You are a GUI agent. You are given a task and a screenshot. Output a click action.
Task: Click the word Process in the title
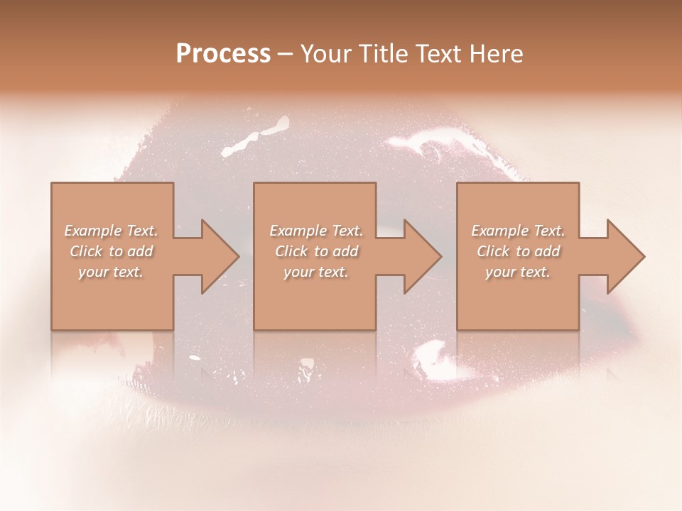(223, 54)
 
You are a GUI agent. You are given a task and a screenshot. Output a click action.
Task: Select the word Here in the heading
(494, 54)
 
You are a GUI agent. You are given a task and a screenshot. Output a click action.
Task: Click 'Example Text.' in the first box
(112, 231)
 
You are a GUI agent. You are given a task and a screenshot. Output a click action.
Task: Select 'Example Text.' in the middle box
(316, 231)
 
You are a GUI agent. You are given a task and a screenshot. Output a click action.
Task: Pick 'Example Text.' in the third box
(518, 231)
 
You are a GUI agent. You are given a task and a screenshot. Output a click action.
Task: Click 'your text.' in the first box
(111, 272)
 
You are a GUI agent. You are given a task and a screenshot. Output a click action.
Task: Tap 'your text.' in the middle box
(315, 272)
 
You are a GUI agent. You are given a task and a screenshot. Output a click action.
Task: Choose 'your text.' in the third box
(517, 272)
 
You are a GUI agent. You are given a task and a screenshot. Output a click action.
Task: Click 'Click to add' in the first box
(112, 251)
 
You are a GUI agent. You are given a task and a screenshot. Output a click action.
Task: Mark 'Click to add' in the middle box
(316, 251)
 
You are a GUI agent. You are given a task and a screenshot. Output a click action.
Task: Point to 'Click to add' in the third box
(518, 251)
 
